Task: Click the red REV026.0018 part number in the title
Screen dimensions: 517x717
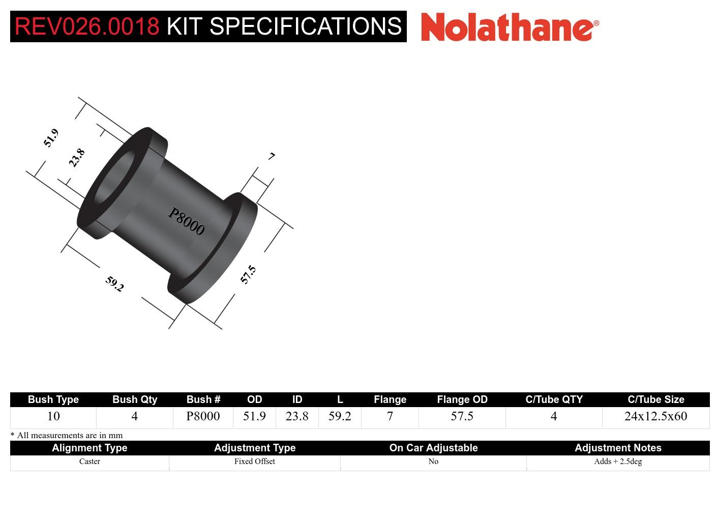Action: [87, 26]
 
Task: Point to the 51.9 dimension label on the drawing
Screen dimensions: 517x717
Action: [51, 138]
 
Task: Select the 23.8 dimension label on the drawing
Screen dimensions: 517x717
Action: [77, 158]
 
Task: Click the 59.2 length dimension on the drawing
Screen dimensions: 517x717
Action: [114, 283]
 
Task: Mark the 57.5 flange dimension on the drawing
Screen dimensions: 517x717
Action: [248, 274]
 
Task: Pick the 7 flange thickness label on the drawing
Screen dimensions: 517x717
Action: [272, 156]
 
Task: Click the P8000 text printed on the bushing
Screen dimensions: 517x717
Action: [187, 222]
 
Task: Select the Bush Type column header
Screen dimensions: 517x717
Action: [53, 399]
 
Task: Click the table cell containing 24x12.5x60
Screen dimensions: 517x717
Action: [655, 416]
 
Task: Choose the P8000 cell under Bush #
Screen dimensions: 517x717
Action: [203, 416]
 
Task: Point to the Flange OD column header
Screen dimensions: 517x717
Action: [462, 399]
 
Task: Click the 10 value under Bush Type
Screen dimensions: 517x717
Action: [53, 416]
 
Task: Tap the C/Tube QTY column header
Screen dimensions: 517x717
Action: [554, 399]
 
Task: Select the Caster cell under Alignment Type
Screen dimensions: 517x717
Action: [89, 462]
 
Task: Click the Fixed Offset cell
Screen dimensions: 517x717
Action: [254, 462]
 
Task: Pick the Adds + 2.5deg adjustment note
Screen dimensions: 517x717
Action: [618, 462]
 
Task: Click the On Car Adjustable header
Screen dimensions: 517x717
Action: [433, 448]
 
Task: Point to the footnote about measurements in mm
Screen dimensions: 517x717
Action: [67, 435]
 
